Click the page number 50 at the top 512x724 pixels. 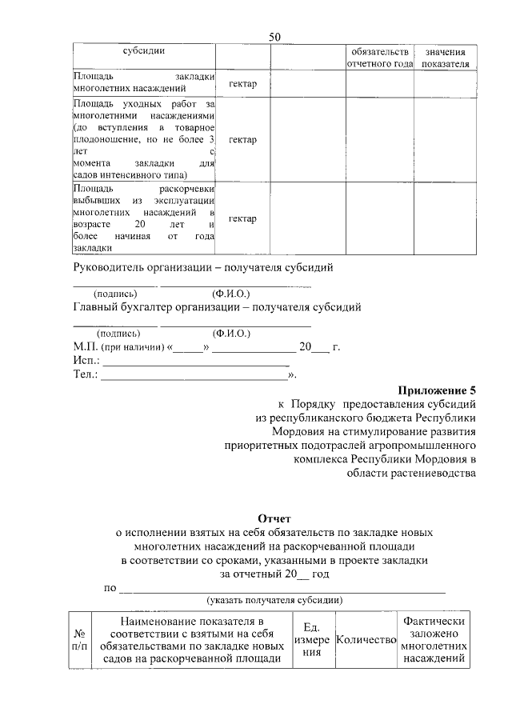pyautogui.click(x=274, y=37)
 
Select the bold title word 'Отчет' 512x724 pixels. pyautogui.click(x=274, y=518)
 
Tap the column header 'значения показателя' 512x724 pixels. pyautogui.click(x=446, y=57)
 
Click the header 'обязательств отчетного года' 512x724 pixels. pyautogui.click(x=379, y=57)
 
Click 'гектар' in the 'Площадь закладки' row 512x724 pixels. pyautogui.click(x=242, y=84)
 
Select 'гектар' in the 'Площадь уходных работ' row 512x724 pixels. pyautogui.click(x=242, y=140)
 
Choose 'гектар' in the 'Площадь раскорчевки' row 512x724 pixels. pyautogui.click(x=242, y=219)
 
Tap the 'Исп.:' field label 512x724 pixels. pyautogui.click(x=86, y=361)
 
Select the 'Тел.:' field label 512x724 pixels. pyautogui.click(x=86, y=374)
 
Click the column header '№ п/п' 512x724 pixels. pyautogui.click(x=80, y=638)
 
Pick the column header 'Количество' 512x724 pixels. pyautogui.click(x=366, y=639)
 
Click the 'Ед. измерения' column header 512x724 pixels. pyautogui.click(x=310, y=639)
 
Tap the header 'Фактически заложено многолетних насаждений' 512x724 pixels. pyautogui.click(x=434, y=639)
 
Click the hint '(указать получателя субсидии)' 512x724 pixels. pyautogui.click(x=274, y=599)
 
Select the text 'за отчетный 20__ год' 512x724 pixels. pyautogui.click(x=274, y=574)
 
